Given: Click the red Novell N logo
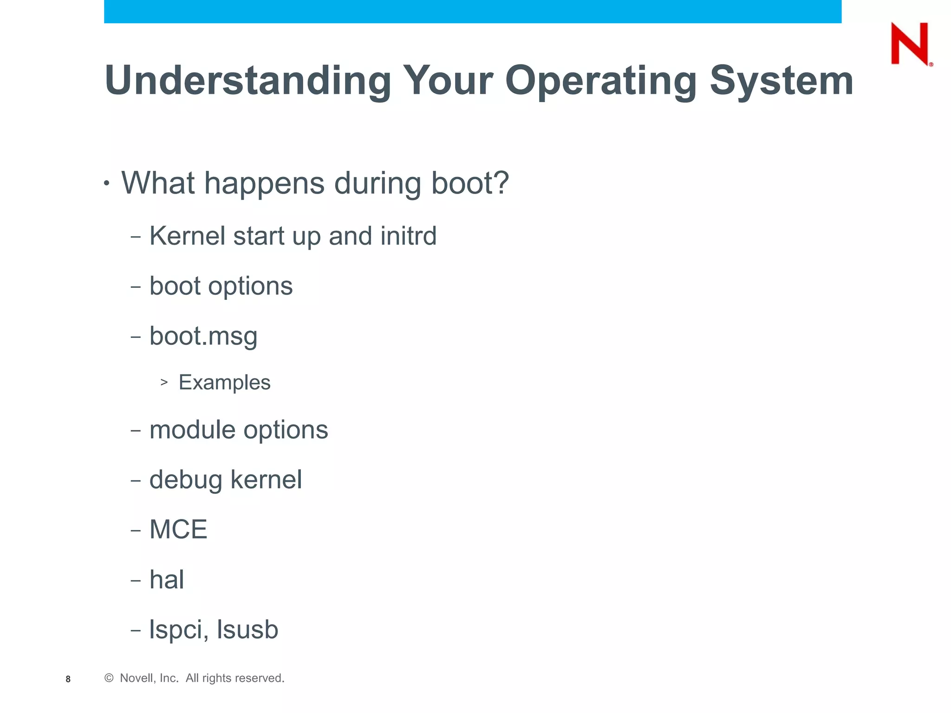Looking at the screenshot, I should tap(910, 44).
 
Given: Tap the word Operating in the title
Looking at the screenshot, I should tap(601, 81).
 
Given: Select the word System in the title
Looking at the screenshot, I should tap(782, 81).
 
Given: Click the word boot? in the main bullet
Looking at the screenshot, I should tap(470, 183).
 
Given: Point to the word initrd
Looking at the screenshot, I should tap(408, 236).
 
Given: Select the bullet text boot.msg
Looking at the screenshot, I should tap(203, 336).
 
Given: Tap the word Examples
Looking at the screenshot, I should tap(224, 382).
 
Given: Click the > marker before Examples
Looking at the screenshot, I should tap(164, 382).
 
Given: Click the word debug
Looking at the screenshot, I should tap(185, 480).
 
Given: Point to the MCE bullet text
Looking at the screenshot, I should tap(178, 529).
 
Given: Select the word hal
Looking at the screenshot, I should tap(166, 579).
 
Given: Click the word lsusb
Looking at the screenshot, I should tap(248, 629).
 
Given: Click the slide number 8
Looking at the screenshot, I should tap(68, 679).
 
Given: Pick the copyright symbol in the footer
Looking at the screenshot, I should tap(109, 678).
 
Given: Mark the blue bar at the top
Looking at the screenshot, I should tap(472, 11).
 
